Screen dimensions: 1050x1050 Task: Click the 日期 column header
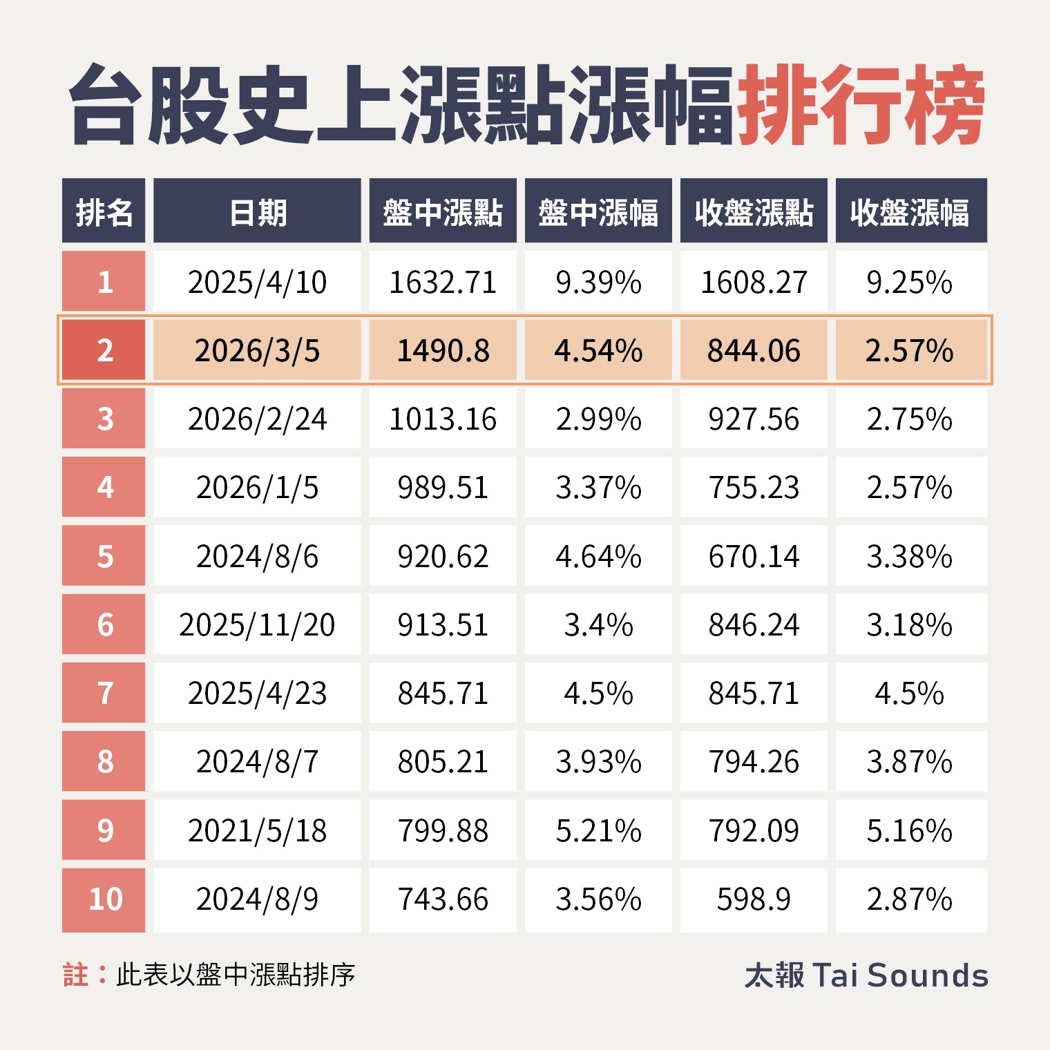[x=257, y=212]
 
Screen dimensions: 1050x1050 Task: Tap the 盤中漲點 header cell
[x=443, y=212]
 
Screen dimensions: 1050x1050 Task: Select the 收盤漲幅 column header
[x=910, y=212]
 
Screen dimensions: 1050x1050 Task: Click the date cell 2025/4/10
[x=257, y=282]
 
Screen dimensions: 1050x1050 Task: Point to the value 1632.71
[x=443, y=282]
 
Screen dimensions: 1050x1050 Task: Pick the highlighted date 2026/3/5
[x=257, y=350]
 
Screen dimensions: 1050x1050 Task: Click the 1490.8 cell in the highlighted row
[x=443, y=350]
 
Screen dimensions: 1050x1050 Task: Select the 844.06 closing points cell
[x=754, y=350]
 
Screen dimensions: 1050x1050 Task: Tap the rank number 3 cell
[x=104, y=419]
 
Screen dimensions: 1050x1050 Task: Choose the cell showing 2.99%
[x=598, y=419]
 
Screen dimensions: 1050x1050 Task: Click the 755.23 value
[x=754, y=487]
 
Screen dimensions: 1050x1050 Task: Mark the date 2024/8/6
[x=257, y=556]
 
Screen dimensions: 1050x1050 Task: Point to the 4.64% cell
[x=598, y=556]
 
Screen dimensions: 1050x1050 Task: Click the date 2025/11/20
[x=257, y=624]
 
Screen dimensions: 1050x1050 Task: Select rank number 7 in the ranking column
[x=104, y=693]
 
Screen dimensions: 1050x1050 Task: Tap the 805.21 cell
[x=443, y=761]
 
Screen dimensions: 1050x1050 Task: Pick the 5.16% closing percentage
[x=910, y=830]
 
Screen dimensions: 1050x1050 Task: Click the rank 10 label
[x=104, y=899]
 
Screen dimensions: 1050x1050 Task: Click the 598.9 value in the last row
[x=754, y=899]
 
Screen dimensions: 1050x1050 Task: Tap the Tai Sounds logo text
[x=866, y=975]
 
